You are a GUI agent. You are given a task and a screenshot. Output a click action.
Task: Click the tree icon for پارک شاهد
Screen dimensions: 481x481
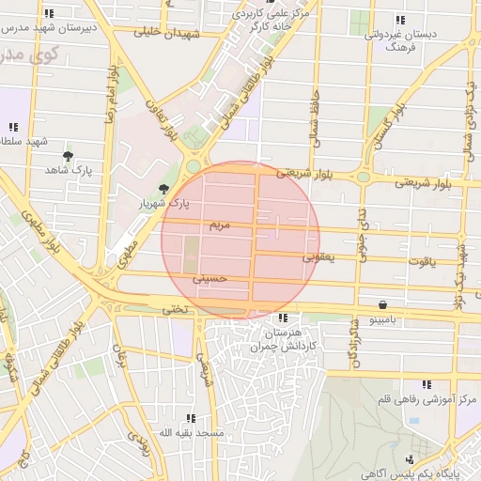pos(68,156)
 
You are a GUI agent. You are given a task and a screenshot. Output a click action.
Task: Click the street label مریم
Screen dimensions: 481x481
pos(218,226)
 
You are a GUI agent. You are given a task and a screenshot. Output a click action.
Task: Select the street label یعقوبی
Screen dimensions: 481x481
pos(318,255)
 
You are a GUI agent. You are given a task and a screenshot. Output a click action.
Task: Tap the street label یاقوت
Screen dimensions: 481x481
pos(423,259)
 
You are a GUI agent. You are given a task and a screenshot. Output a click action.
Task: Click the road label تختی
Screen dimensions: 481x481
pos(175,308)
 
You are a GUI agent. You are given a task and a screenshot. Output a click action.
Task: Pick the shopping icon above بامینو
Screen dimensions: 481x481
pos(383,304)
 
